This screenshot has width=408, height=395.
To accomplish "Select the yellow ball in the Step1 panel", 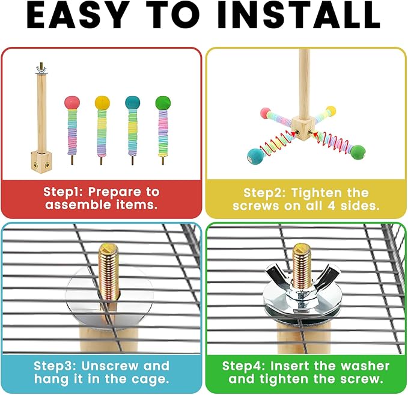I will [102, 102].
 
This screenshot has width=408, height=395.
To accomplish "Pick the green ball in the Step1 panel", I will [162, 102].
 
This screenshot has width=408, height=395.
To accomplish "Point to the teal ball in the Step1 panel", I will [132, 102].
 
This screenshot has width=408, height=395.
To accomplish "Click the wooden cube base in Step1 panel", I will [40, 161].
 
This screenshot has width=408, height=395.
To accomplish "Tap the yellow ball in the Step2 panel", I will [330, 111].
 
